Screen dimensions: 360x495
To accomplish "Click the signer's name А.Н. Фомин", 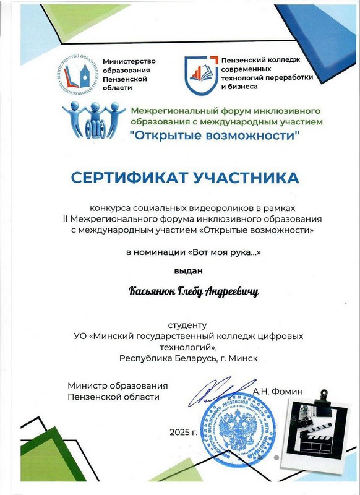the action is tap(279, 391).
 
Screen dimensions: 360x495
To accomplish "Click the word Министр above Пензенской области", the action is tap(89, 386).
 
